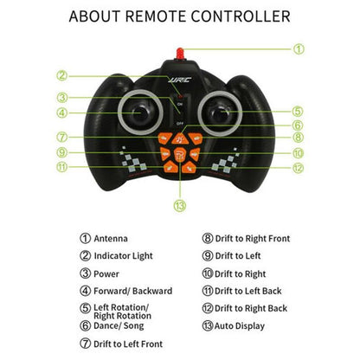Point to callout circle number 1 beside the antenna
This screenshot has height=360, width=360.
click(x=299, y=48)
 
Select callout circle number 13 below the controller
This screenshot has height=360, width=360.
click(x=180, y=206)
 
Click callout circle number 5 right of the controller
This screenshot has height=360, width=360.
click(x=297, y=111)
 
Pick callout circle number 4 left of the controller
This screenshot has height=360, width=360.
click(x=62, y=112)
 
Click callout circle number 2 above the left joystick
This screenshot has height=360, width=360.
click(x=62, y=74)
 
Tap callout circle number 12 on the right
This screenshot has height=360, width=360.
click(x=297, y=167)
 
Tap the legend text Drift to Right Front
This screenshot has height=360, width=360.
click(x=253, y=238)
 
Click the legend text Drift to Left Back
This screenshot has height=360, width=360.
click(x=249, y=291)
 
